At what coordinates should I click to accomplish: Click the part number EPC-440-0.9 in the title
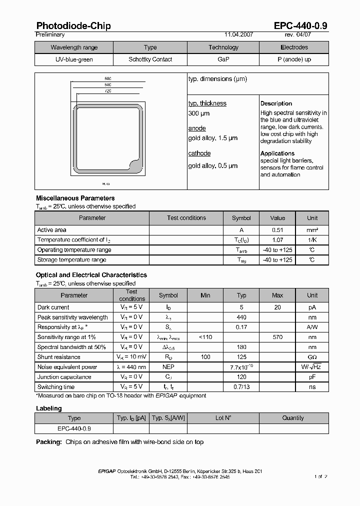[300, 25]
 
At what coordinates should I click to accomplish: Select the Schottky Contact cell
[150, 59]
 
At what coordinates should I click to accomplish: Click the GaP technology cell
[223, 59]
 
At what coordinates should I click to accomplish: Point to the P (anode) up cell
[294, 59]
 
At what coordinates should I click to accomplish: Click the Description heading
[276, 103]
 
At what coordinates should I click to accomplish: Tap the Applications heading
[277, 153]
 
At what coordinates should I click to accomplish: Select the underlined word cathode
[199, 153]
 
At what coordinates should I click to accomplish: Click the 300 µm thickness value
[198, 113]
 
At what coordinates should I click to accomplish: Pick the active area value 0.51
[277, 230]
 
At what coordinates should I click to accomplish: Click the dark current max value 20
[277, 307]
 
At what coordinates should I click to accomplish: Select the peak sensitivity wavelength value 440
[241, 317]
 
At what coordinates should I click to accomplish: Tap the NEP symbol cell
[168, 367]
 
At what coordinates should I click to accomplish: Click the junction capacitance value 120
[241, 377]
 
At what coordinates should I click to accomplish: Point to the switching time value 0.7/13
[241, 387]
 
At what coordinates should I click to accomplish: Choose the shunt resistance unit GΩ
[312, 357]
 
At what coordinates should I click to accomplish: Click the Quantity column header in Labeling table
[292, 418]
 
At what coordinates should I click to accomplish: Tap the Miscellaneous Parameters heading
[75, 198]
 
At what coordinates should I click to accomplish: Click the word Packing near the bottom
[48, 442]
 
